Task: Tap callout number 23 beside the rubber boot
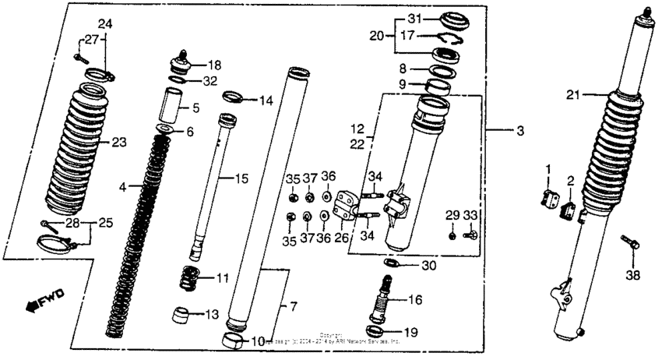[x=118, y=142]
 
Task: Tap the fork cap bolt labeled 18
[x=181, y=60]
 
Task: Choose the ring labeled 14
[x=234, y=98]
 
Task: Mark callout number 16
[x=414, y=299]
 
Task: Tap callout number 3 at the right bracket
[x=520, y=131]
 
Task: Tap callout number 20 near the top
[x=378, y=36]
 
